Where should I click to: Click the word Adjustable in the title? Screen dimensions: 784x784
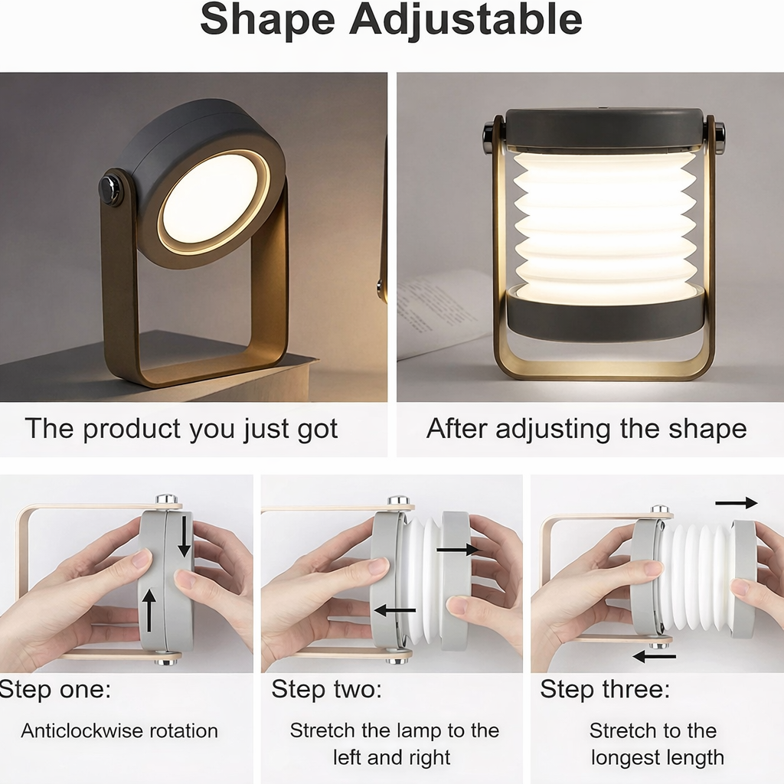point(465,21)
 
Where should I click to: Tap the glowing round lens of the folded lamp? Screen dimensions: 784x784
point(211,198)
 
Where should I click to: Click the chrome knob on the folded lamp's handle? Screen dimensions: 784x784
point(111,190)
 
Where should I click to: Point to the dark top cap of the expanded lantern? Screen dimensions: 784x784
point(604,129)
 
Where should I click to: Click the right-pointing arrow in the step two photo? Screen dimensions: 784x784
point(459,550)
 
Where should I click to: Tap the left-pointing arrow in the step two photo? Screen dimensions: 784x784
point(395,610)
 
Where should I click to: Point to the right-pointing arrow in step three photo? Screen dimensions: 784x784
point(736,503)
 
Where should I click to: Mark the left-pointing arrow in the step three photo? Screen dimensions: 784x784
point(655,656)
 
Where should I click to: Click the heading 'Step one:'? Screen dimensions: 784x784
point(55,689)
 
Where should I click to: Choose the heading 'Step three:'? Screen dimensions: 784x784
point(605,689)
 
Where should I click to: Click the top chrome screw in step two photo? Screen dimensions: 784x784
point(398,501)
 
